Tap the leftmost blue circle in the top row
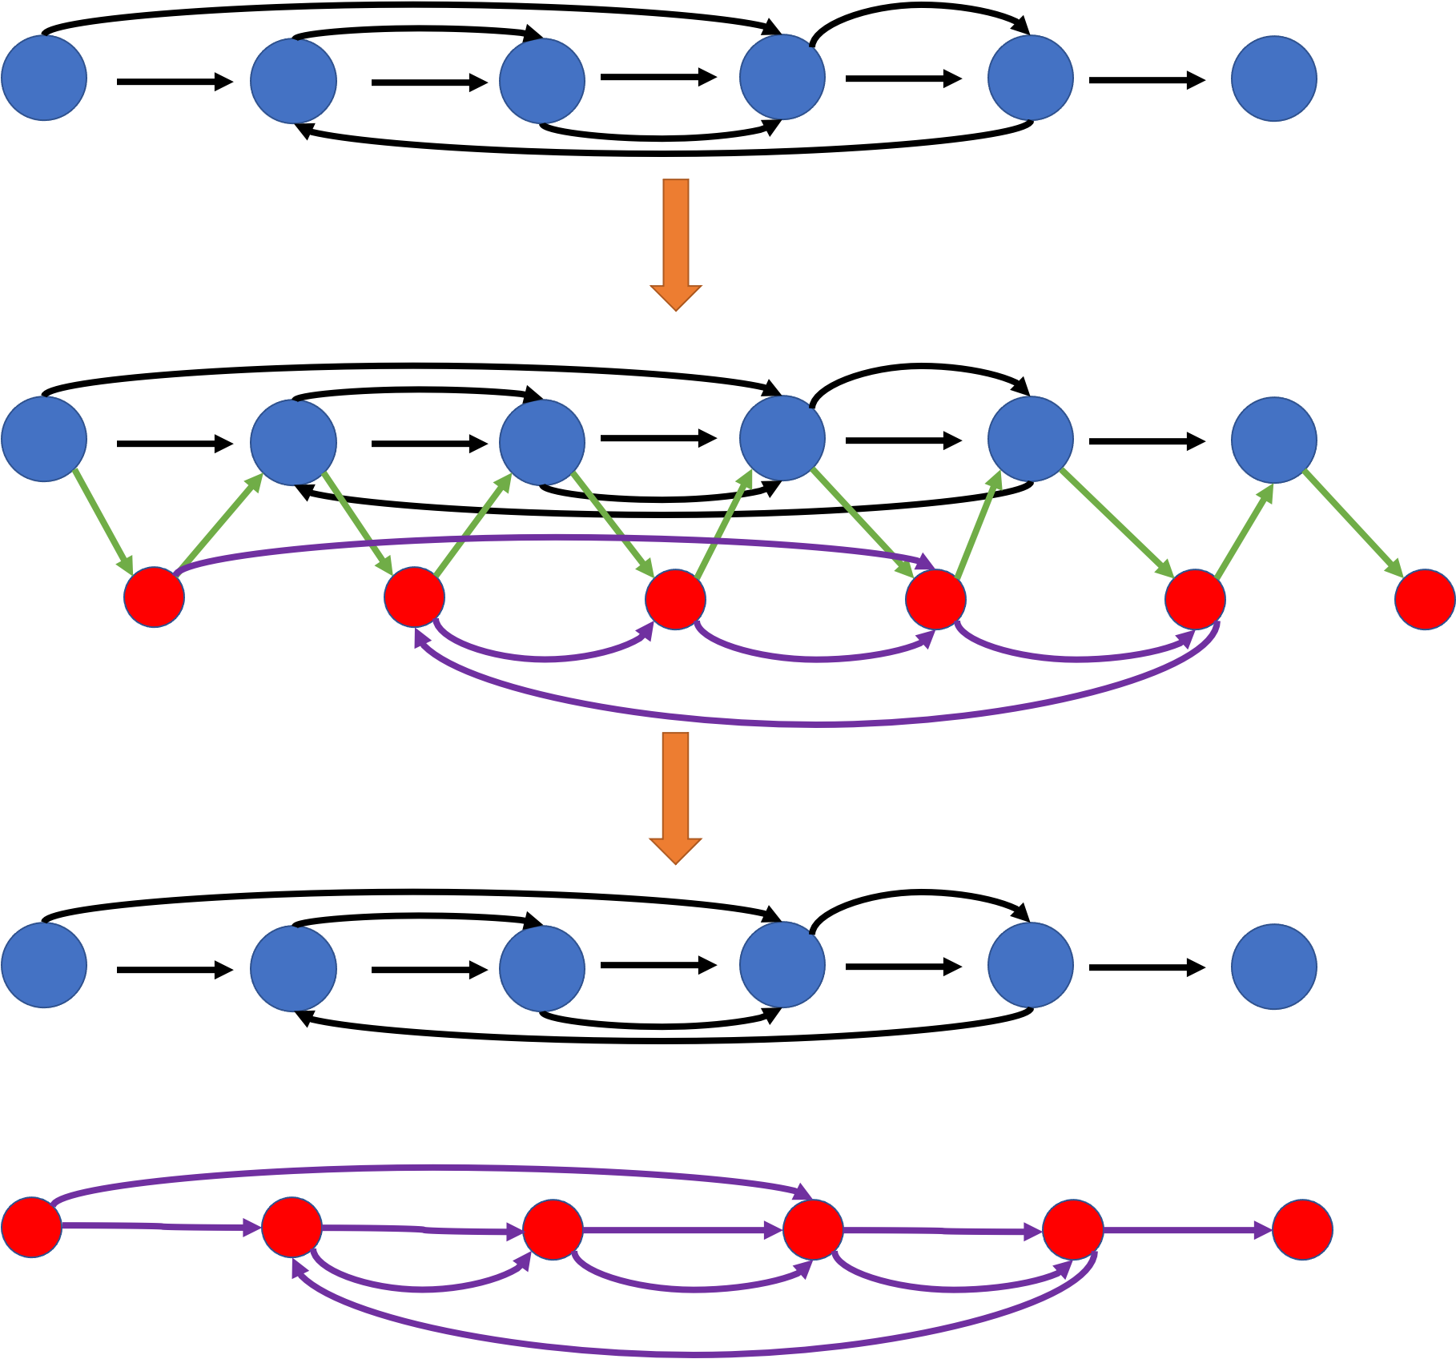pos(44,78)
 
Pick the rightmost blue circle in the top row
pos(1273,78)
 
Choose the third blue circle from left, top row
pos(542,81)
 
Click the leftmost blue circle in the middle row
pos(44,439)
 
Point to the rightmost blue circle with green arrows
pos(1273,440)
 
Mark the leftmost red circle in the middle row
pos(154,597)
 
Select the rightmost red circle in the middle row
pos(1424,599)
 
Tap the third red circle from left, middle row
pos(675,600)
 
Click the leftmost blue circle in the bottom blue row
pos(44,964)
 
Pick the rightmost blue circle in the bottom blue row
pos(1273,965)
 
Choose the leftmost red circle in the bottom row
pos(32,1228)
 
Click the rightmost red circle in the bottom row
pos(1302,1229)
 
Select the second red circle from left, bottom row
pos(292,1228)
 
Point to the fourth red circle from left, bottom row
pos(813,1229)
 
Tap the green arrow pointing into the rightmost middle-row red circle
pos(1353,524)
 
